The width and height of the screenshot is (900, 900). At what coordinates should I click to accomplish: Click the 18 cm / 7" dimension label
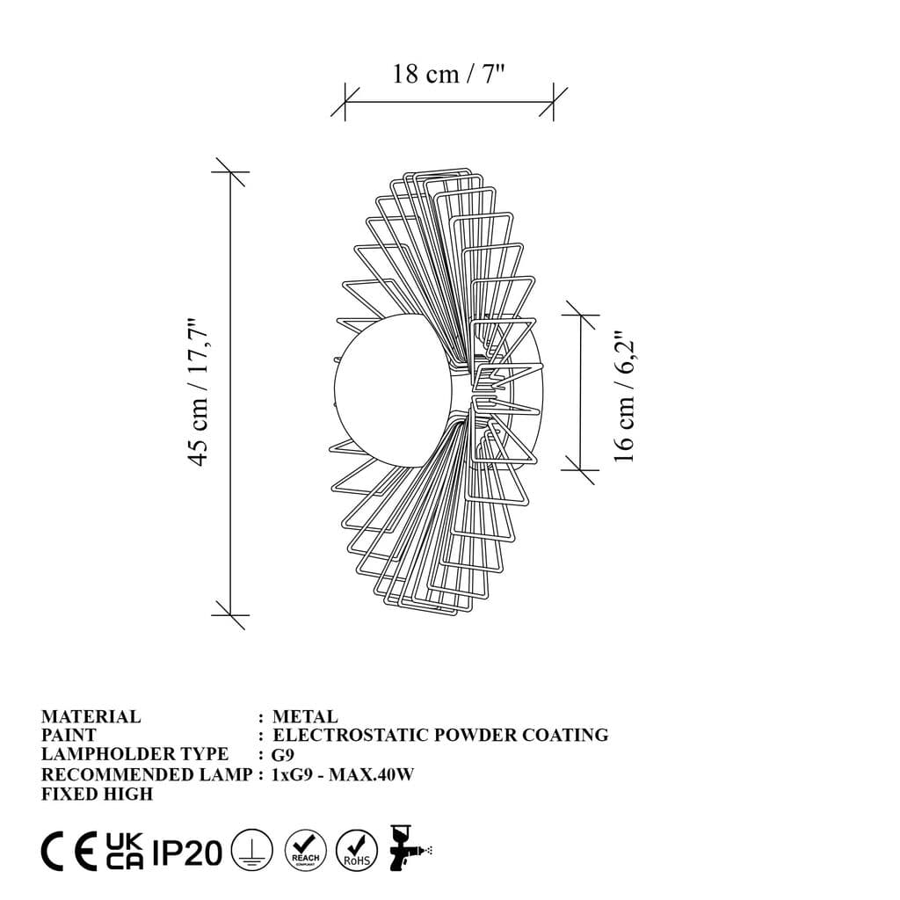(448, 74)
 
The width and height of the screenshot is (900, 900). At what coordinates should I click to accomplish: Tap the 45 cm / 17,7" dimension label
(199, 392)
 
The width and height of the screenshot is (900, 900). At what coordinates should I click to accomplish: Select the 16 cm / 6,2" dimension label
(624, 396)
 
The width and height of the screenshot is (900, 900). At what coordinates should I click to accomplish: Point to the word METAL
(305, 717)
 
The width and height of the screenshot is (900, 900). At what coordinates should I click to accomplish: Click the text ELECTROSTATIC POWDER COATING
(440, 736)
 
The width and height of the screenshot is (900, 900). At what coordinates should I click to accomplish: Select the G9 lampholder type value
(282, 755)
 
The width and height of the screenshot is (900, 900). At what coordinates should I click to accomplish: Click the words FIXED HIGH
(97, 795)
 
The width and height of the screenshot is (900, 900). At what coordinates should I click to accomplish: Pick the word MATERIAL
(91, 717)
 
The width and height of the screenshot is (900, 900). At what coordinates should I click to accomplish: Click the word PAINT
(69, 736)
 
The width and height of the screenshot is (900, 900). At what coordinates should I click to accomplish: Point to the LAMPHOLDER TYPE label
(134, 755)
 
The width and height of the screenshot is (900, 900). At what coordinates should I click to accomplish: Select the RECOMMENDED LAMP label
(147, 774)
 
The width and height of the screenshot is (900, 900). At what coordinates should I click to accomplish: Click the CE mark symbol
(69, 852)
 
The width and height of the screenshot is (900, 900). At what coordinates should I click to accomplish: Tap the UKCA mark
(125, 852)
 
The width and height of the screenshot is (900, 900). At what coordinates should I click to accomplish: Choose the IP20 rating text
(187, 852)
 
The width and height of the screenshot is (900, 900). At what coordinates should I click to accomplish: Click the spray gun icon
(410, 849)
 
